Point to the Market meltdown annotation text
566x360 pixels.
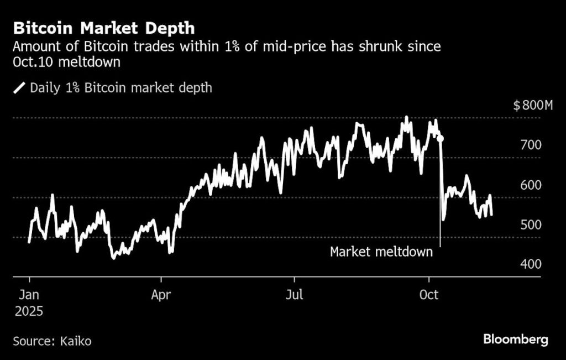(x=381, y=252)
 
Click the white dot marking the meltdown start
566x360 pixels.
(x=440, y=138)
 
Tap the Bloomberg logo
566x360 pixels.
(x=516, y=340)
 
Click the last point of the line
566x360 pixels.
(x=491, y=215)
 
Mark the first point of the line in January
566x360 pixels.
(x=29, y=242)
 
